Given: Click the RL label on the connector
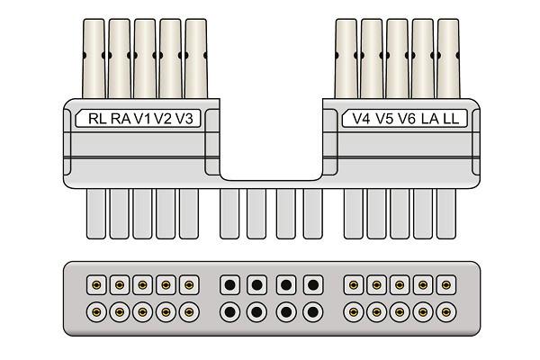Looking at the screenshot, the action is coord(97,119).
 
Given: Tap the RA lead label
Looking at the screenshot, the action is coord(121,119).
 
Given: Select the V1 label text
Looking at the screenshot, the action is coord(142,119).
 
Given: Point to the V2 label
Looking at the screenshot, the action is coord(163,119).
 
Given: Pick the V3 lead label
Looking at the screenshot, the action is coord(184,119).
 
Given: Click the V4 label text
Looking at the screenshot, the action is coord(362,119).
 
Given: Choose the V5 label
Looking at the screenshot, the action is coord(384,119).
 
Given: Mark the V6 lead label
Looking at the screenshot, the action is coord(407,119).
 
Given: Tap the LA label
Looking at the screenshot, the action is coord(430,119).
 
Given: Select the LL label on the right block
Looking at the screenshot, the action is coord(451,119).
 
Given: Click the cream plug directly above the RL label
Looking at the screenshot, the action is coord(94,58).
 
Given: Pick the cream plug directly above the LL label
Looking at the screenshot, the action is coord(448,58).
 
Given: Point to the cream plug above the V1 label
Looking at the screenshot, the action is coord(145,58).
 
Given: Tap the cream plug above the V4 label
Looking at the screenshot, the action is coord(346,58).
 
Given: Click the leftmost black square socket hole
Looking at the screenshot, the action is coord(229,285).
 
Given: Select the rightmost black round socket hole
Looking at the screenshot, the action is coord(312,312).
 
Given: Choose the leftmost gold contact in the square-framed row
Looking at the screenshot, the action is coord(96,285).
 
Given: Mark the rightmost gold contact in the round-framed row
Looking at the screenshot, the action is coord(446,312).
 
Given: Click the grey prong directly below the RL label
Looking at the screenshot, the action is coord(96,213).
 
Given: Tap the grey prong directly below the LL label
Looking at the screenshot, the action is coord(446,213).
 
